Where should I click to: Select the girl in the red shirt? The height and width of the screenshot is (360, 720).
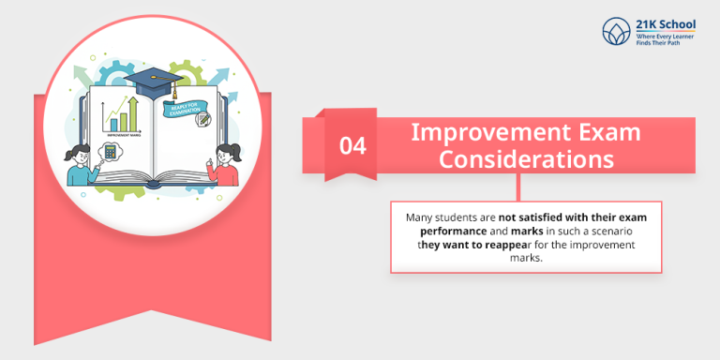tap(226, 161)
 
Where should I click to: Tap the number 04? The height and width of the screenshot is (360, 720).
tap(352, 145)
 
